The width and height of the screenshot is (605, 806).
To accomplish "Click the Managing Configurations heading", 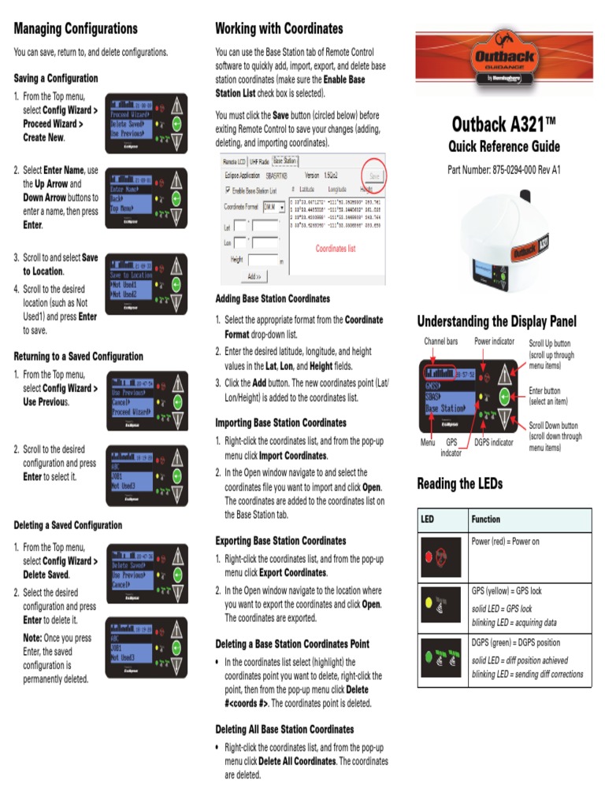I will [x=76, y=29].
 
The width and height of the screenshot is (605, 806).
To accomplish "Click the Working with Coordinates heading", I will [x=279, y=29].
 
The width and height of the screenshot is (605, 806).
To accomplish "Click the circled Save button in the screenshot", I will [x=373, y=176].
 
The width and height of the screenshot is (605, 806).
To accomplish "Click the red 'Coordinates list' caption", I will [x=336, y=249].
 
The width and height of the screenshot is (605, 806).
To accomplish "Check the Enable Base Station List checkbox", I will [x=228, y=190].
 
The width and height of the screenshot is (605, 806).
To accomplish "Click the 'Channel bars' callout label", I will [x=440, y=342].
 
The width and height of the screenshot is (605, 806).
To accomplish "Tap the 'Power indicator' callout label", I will [x=494, y=342].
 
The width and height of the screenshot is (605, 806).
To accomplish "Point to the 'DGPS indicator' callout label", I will [x=494, y=442].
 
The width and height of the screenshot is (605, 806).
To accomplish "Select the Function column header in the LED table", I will [x=486, y=519].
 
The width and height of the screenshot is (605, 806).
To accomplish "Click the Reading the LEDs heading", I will [x=459, y=483].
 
